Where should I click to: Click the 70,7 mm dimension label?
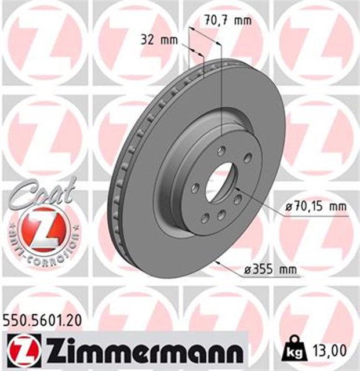[x=227, y=20]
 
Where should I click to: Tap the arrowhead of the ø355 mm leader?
[x=215, y=263]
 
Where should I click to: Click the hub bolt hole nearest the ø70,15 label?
[x=238, y=199]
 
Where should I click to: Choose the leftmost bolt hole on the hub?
[x=195, y=188]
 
